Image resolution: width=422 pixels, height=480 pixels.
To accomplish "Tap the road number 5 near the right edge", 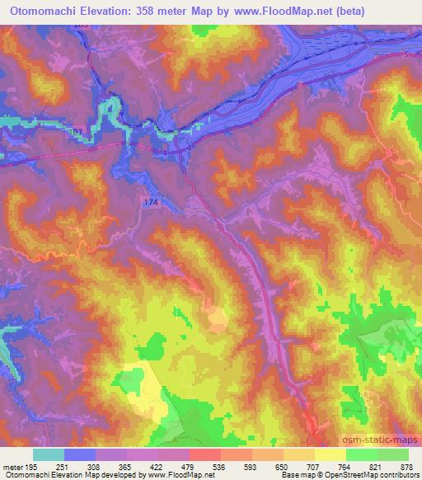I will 406,55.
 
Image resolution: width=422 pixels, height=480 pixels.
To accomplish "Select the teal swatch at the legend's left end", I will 49,454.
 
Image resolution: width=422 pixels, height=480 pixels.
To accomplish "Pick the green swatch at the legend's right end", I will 393,454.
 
